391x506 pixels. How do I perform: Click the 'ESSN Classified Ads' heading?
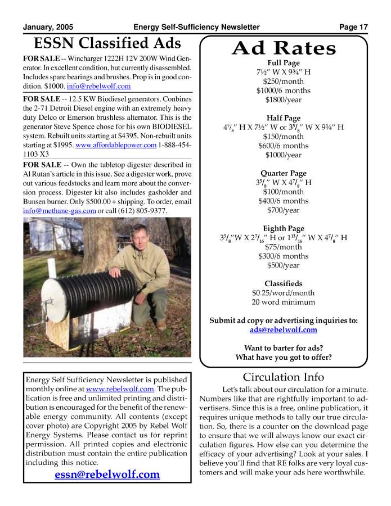pos(107,43)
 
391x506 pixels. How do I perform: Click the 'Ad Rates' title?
pos(284,48)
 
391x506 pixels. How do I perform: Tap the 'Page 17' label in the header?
pos(353,27)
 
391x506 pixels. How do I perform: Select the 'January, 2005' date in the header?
pos(48,27)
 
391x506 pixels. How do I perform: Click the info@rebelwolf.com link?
pos(98,87)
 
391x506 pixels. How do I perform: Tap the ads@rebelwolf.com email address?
pos(284,330)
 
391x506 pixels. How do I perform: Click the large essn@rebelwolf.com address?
pos(107,475)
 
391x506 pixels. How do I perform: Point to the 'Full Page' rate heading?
pos(284,63)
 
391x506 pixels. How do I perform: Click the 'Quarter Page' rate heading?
pos(284,173)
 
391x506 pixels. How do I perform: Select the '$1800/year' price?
pos(284,100)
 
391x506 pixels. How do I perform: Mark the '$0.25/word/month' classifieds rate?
pos(284,293)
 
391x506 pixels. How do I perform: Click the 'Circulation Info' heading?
pos(284,377)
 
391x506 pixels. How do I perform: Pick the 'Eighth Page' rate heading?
pos(284,228)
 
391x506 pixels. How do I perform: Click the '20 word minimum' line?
pos(284,302)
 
